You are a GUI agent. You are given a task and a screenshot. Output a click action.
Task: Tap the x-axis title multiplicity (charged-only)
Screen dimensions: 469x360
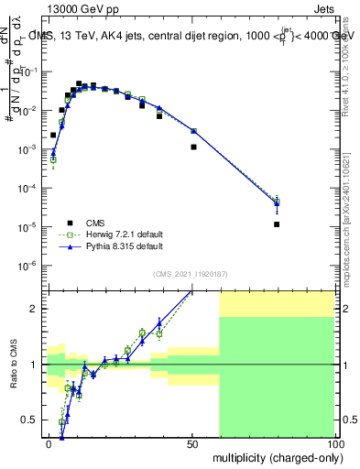(x=273, y=455)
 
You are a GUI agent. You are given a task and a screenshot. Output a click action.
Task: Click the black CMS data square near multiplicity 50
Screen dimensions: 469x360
(x=193, y=146)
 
